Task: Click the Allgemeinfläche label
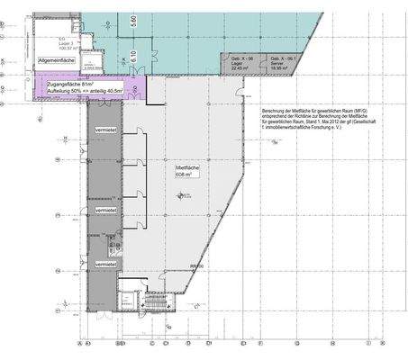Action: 55,60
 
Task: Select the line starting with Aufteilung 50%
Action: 86,91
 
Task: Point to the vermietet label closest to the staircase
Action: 106,265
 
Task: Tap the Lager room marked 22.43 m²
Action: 239,64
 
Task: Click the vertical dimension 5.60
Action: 132,22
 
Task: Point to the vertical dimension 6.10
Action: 132,55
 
